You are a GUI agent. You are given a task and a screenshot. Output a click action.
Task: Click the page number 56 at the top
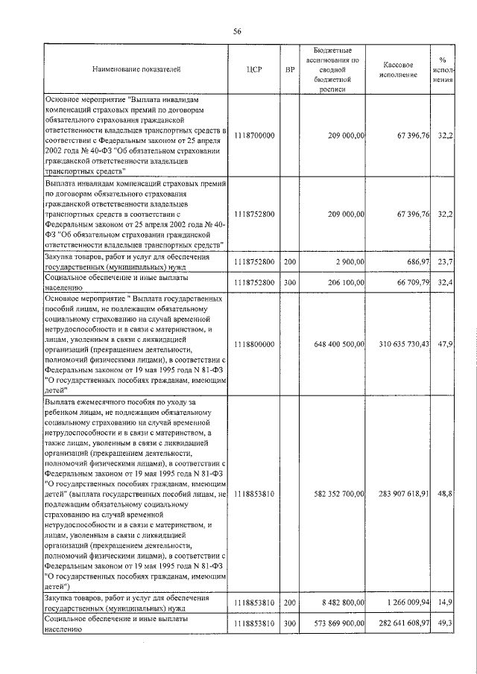click(x=238, y=31)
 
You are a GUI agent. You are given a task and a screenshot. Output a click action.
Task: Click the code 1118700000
click(x=254, y=135)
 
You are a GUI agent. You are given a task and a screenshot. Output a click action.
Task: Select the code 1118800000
click(x=254, y=344)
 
